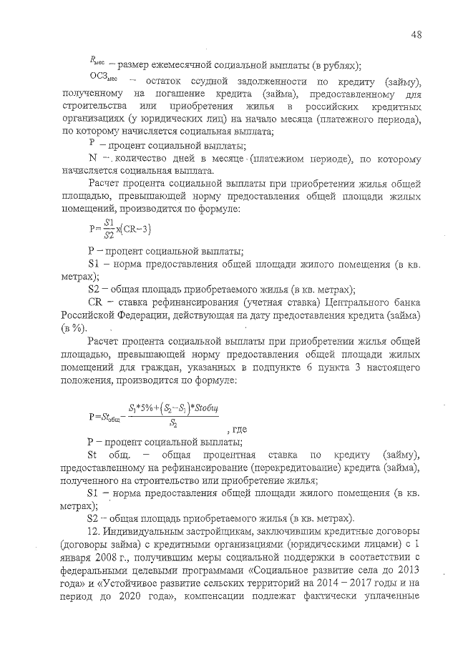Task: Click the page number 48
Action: tap(416, 34)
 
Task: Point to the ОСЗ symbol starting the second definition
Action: tap(99, 81)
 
